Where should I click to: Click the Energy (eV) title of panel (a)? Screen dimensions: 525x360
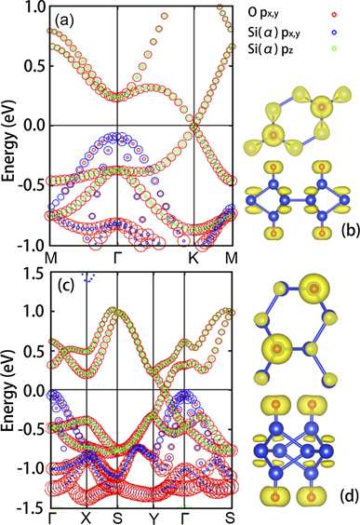pos(9,126)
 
